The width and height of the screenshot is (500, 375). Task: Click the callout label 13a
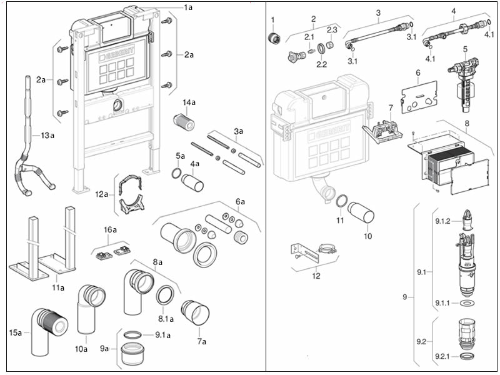(47, 135)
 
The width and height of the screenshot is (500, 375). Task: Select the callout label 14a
(189, 102)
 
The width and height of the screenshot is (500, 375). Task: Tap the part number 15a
(15, 332)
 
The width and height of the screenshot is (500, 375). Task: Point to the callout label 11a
(58, 287)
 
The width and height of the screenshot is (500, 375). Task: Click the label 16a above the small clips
(111, 230)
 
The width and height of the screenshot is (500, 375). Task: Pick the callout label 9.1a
(164, 335)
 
